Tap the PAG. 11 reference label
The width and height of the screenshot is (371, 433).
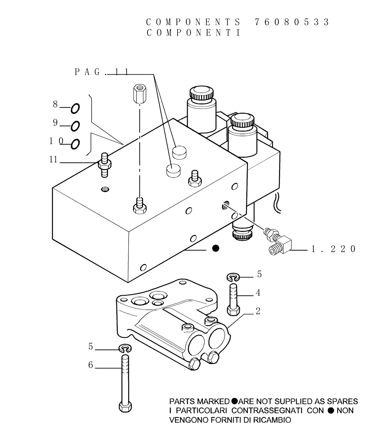(x=101, y=72)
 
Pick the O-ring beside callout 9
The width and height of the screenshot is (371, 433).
(x=75, y=126)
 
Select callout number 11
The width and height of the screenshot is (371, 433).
(x=53, y=160)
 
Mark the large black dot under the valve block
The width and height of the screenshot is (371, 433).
(x=215, y=249)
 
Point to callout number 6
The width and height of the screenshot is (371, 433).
(x=91, y=365)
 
